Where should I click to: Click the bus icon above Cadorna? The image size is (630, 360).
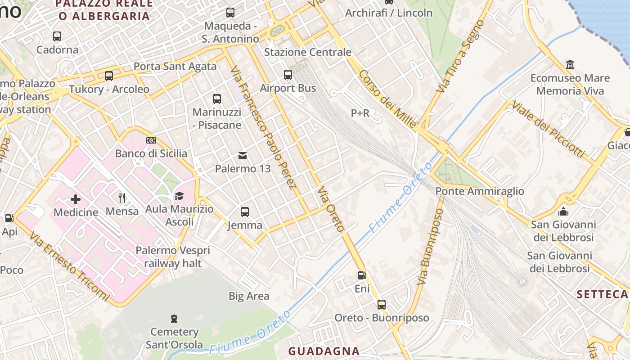point(57,36)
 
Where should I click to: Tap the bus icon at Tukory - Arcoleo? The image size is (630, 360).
point(108,76)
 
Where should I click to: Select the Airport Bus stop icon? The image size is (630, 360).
point(288,75)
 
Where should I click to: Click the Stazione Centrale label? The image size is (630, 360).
point(307,52)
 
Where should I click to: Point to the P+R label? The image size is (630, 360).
point(360,113)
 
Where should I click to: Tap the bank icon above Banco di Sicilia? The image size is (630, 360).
point(151,141)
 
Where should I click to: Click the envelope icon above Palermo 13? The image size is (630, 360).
point(243,156)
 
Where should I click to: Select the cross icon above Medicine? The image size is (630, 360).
point(76,199)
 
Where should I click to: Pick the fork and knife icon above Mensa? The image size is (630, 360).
point(122,198)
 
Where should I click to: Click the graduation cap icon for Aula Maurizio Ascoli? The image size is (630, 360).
point(179,196)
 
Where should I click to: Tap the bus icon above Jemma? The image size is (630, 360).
point(245,211)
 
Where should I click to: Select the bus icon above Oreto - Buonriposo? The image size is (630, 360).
point(382,305)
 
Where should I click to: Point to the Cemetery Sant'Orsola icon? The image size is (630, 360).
point(174,319)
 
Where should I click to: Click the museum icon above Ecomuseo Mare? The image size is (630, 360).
point(570,65)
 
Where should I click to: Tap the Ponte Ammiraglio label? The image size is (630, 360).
point(480,191)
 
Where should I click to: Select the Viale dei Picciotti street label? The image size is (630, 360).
point(548,129)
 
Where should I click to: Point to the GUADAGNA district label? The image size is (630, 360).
point(324,351)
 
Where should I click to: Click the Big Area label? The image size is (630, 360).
point(249,296)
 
